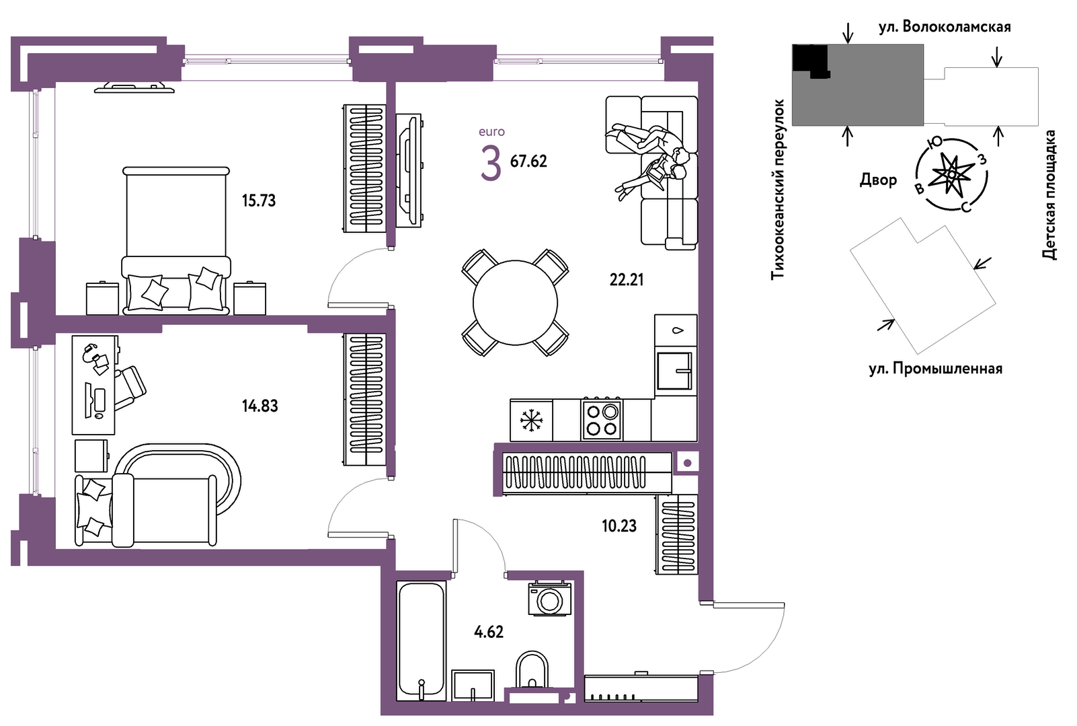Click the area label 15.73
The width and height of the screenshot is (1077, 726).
pos(259,201)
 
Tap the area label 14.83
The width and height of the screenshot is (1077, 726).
pos(260,406)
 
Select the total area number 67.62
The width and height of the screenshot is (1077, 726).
pos(528,161)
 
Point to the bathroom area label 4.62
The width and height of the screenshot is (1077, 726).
pos(489,632)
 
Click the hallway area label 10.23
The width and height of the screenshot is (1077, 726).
pos(619,526)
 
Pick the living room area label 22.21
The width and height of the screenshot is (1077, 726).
pos(627,279)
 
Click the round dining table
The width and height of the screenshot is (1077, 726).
pos(515,303)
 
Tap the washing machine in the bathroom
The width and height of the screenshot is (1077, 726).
pos(549,599)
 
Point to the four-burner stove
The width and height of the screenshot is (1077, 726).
pos(602,420)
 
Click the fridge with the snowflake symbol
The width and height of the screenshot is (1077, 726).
pos(531,421)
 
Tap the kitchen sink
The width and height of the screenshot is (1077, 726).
pos(675,371)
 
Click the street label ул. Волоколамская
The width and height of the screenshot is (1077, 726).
pos(945,27)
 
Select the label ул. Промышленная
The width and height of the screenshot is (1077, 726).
pos(936,369)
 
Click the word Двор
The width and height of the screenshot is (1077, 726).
pos(879,180)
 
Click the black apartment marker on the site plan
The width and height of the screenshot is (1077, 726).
pos(810,60)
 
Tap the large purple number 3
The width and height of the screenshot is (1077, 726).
pos(491,164)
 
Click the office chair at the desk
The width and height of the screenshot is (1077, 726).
pos(129,387)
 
